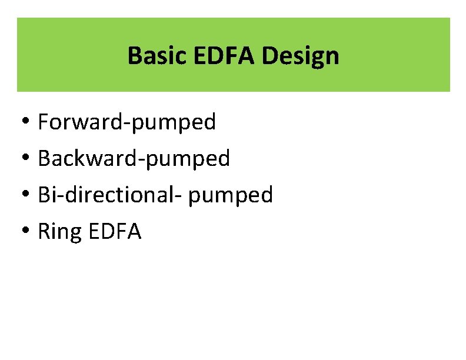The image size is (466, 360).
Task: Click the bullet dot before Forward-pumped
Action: click(x=28, y=123)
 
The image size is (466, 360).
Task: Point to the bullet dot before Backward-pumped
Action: click(x=28, y=159)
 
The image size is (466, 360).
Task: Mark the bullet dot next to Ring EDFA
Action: click(x=28, y=232)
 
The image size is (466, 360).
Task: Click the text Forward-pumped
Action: click(x=127, y=122)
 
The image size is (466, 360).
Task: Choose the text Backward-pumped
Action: click(x=134, y=159)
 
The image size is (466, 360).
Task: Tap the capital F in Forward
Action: click(x=44, y=122)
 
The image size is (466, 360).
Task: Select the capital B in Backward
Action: click(x=44, y=159)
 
